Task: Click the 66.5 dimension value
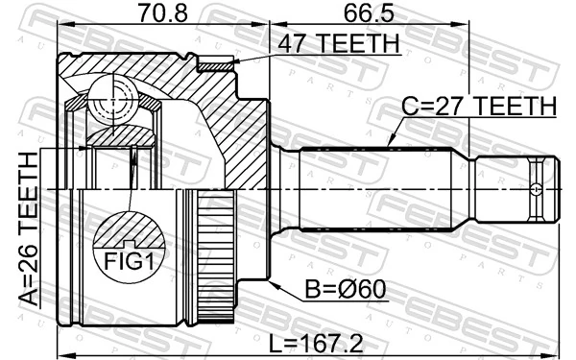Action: pos(367,15)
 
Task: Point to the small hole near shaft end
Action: pos(535,187)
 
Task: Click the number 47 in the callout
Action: pos(292,43)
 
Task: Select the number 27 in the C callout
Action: pos(450,105)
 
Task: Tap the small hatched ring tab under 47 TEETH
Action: pos(216,65)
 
